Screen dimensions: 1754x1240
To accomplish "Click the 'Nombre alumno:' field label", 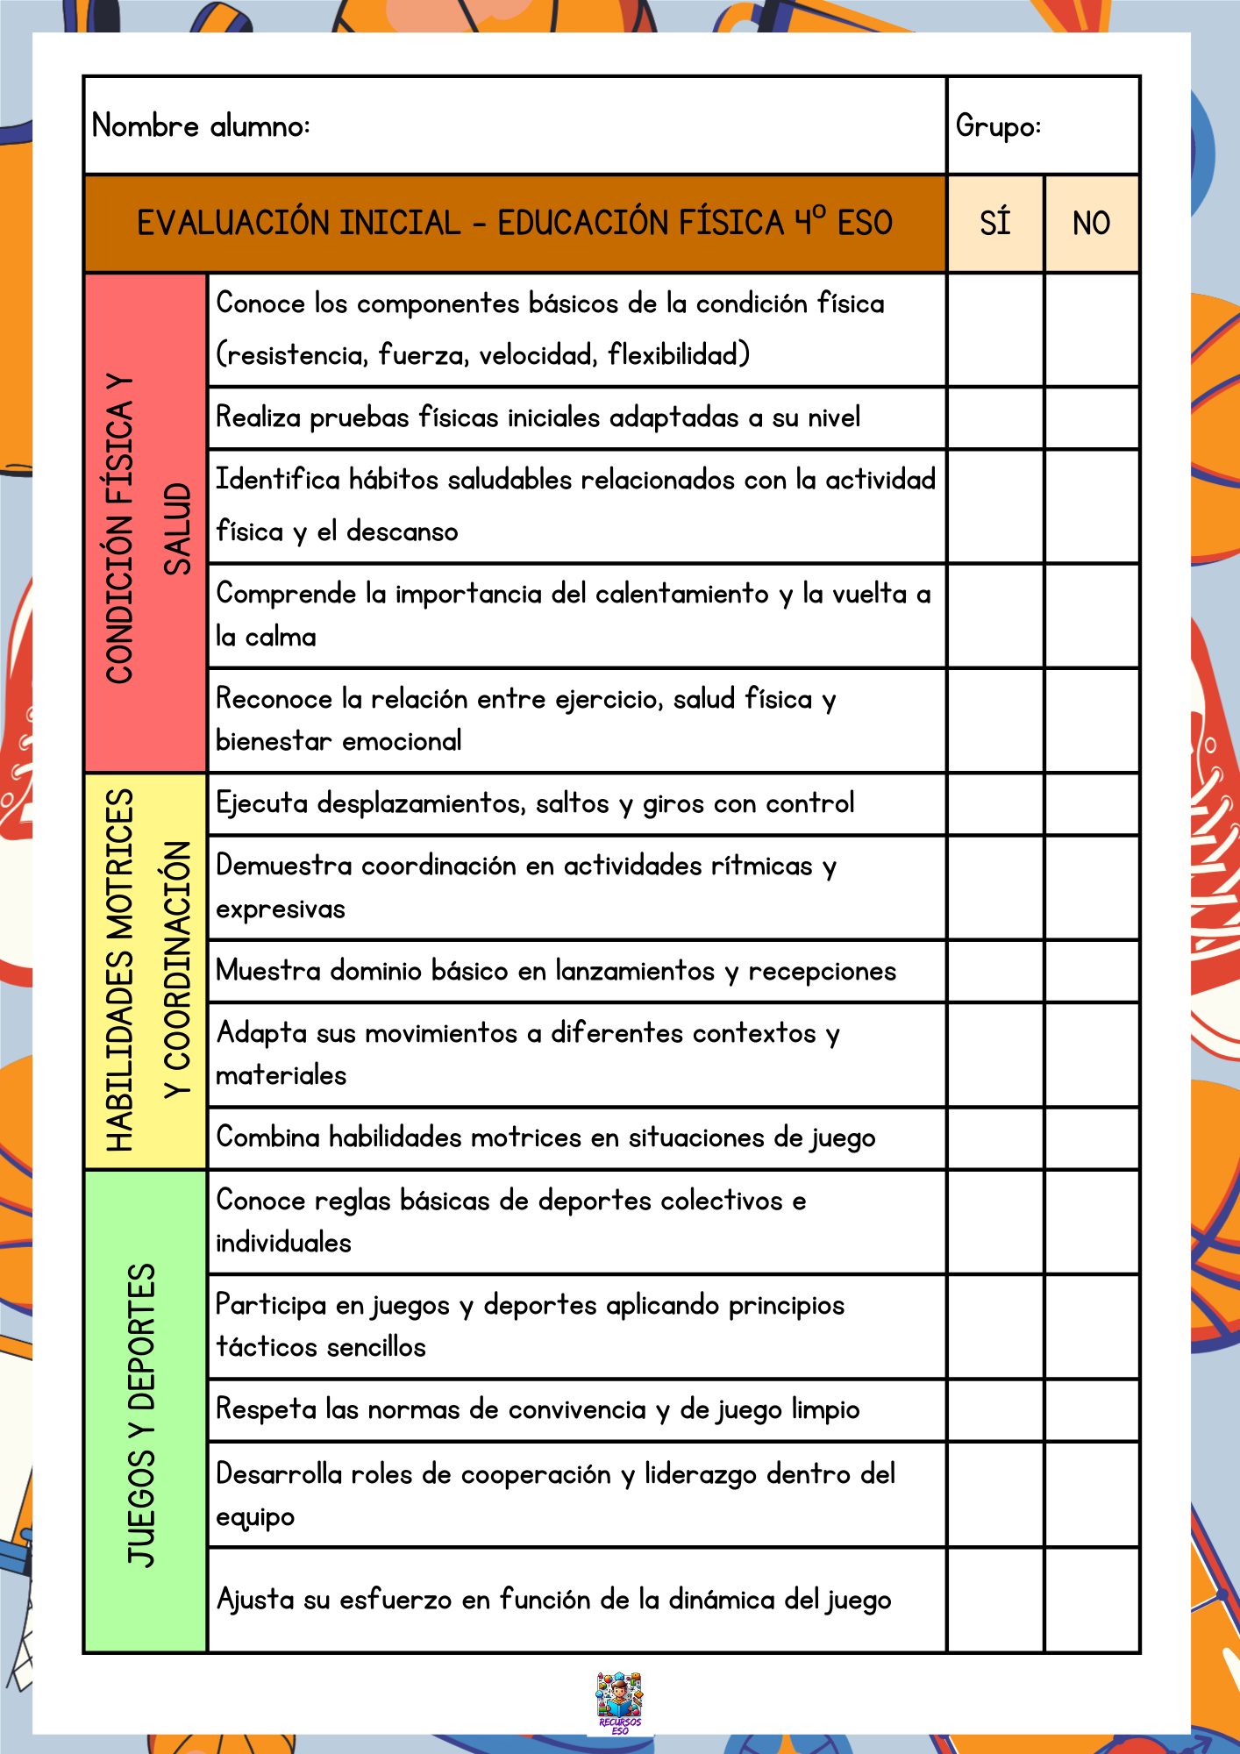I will pos(201,126).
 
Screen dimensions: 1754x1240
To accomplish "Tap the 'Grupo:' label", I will pos(998,126).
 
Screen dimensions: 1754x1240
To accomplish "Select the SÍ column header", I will pos(995,224).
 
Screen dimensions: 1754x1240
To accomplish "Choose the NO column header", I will pos(1091,224).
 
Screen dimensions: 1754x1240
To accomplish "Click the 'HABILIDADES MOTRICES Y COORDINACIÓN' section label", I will pos(146,971).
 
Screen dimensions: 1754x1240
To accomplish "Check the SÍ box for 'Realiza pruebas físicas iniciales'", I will pos(995,418).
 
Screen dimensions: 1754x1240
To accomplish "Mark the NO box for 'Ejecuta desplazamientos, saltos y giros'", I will pos(1092,804).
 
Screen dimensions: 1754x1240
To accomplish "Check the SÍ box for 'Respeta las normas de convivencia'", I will pos(995,1410).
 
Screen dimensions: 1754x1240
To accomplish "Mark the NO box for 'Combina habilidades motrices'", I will pos(1092,1138).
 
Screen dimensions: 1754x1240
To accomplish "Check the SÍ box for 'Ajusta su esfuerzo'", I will pos(995,1600).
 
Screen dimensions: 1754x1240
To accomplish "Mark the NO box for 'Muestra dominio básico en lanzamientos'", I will pos(1092,972).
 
